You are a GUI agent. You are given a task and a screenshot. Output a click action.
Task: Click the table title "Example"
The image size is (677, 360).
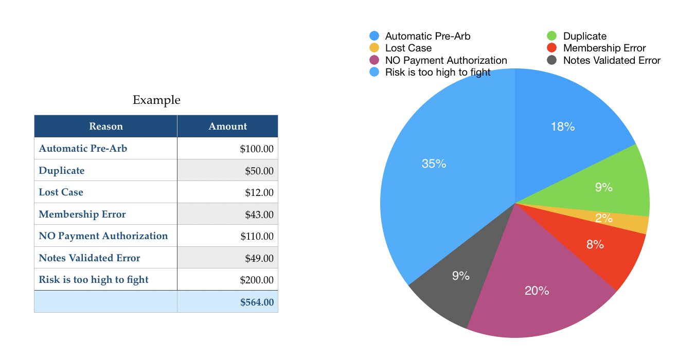click(156, 100)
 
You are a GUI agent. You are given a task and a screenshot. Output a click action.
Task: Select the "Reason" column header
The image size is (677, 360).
click(106, 127)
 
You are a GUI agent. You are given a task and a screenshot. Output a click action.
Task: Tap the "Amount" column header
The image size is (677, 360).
click(227, 127)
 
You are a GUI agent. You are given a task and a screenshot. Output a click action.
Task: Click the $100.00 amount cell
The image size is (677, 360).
click(257, 149)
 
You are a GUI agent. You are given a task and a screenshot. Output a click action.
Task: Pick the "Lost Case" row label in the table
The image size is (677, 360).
click(61, 192)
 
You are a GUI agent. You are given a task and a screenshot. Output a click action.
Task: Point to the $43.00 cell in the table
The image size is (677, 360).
click(259, 214)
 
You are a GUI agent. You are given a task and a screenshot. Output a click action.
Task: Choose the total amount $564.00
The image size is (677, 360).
click(257, 302)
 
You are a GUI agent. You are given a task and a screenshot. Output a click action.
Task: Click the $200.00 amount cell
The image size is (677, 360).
click(257, 280)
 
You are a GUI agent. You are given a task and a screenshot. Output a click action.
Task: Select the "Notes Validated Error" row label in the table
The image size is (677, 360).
click(89, 258)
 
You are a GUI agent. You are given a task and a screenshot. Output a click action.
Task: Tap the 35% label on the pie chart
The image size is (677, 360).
click(434, 164)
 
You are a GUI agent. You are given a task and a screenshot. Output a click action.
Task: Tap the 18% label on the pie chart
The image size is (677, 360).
click(563, 127)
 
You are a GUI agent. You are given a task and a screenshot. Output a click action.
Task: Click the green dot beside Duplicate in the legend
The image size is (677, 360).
click(551, 36)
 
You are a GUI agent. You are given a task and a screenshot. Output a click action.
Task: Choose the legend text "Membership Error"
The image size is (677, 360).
click(604, 48)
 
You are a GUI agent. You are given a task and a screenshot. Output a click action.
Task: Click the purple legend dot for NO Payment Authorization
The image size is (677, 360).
click(374, 60)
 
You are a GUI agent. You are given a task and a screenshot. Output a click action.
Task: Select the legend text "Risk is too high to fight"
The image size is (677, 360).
click(438, 73)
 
